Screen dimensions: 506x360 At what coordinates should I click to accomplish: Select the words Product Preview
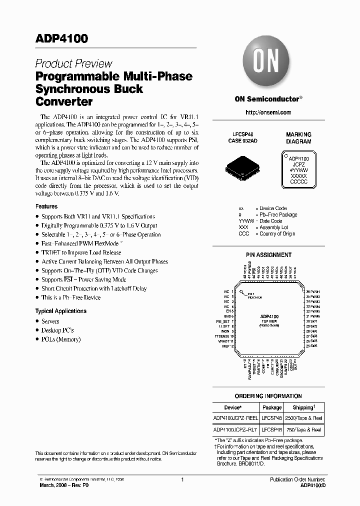click(73, 64)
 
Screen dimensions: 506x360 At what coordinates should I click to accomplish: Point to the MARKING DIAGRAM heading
click(298, 138)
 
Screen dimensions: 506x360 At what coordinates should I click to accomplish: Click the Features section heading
click(46, 206)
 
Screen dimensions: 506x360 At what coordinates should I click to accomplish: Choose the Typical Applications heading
click(60, 311)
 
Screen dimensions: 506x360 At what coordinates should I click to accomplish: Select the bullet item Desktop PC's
click(57, 330)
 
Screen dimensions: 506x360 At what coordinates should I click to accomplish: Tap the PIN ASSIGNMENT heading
click(268, 255)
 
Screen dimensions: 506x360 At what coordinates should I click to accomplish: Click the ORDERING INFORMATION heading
click(268, 396)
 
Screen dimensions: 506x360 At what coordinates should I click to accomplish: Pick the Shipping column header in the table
click(303, 407)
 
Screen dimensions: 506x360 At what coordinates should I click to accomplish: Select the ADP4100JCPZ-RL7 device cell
click(235, 429)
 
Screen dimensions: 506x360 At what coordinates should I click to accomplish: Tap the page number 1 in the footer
click(182, 480)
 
